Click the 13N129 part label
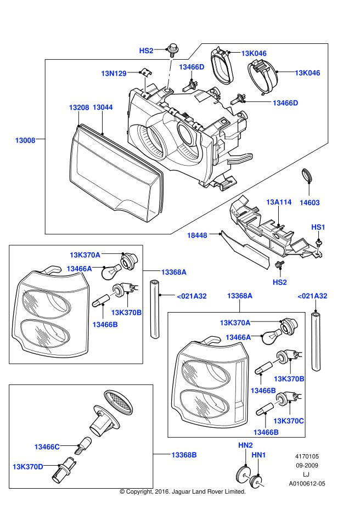pyautogui.click(x=114, y=73)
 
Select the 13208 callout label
pyautogui.click(x=79, y=108)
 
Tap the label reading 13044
pyautogui.click(x=103, y=108)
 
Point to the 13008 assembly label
pyautogui.click(x=25, y=140)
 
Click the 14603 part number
pyautogui.click(x=310, y=202)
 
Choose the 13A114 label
pyautogui.click(x=279, y=202)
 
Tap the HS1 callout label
pyautogui.click(x=319, y=227)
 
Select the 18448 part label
pyautogui.click(x=197, y=235)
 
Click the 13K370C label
pyautogui.click(x=289, y=420)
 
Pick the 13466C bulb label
pyautogui.click(x=47, y=447)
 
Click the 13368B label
pyautogui.click(x=184, y=455)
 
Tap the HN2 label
pyautogui.click(x=245, y=445)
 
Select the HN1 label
pyautogui.click(x=258, y=455)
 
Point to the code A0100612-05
pyautogui.click(x=307, y=484)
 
